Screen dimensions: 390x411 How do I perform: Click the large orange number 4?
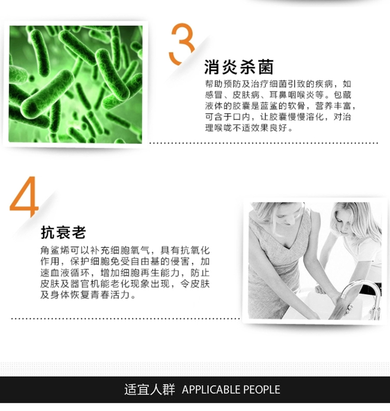[25, 197]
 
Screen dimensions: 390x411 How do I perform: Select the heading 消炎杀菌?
[239, 67]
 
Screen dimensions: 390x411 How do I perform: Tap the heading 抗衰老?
[63, 232]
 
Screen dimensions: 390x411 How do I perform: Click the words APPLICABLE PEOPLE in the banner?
[231, 390]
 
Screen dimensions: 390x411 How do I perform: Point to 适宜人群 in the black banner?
[150, 390]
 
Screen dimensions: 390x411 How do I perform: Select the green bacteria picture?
[76, 84]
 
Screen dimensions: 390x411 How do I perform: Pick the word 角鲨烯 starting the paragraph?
[55, 251]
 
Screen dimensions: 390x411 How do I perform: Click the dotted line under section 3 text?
[264, 143]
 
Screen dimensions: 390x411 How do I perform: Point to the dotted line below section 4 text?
[126, 319]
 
